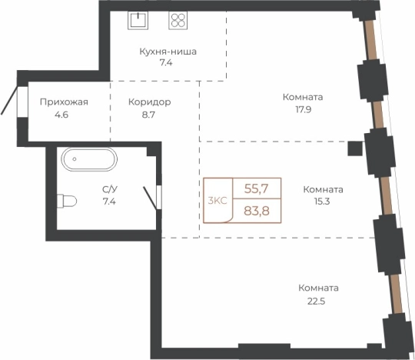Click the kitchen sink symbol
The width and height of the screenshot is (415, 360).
pos(138,20)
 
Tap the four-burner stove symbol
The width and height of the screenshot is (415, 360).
pos(178,20)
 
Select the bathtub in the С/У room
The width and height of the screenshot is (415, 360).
pos(89,159)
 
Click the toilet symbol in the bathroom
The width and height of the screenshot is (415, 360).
pos(67,201)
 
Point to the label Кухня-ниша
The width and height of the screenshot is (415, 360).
pos(168,52)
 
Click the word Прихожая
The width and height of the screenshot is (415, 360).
pos(64,102)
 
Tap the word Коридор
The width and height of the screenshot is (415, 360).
pos(150,102)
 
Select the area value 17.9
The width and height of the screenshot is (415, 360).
pos(304,109)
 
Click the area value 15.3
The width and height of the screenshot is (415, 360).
pos(322,202)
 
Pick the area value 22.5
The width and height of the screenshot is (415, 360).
pos(316,302)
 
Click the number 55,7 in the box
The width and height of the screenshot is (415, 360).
pos(256,189)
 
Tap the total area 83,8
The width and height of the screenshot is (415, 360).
pos(257,211)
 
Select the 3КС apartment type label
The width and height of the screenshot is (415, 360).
pos(217,201)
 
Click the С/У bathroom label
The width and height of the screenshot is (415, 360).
pos(110,189)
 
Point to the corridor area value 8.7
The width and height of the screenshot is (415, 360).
pos(148,115)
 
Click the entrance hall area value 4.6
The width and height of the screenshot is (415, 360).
pos(61,115)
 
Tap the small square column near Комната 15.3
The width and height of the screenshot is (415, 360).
pos(355,148)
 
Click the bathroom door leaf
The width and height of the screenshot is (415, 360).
pos(150,197)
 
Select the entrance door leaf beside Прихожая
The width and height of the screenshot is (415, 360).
pos(9,101)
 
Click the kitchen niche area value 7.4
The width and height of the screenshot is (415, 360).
pos(166,63)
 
